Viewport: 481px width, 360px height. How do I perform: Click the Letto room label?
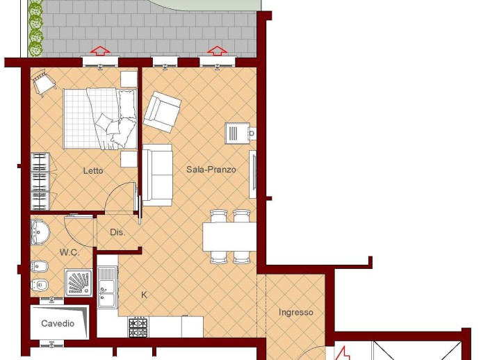(x=93, y=170)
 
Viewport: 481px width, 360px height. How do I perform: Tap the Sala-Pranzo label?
(x=211, y=170)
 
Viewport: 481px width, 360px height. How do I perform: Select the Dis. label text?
(x=117, y=232)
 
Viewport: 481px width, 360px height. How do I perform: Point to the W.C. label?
(x=70, y=253)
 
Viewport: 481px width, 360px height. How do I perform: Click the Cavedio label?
(x=58, y=323)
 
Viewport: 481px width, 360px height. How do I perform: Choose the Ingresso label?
(x=296, y=312)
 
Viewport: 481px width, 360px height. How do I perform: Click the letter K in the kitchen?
(x=144, y=295)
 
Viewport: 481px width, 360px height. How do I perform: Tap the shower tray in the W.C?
(x=79, y=283)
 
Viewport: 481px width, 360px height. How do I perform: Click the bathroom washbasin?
(x=40, y=232)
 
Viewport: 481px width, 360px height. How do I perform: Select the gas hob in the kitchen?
(x=138, y=327)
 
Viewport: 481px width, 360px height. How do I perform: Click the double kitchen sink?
(x=107, y=287)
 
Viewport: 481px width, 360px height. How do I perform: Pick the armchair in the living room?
(x=162, y=112)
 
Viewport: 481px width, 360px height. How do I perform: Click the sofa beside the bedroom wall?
(x=157, y=175)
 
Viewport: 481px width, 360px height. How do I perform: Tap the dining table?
(x=229, y=237)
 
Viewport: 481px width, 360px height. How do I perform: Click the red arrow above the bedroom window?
(x=100, y=51)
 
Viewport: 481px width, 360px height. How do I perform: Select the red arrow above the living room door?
(x=217, y=51)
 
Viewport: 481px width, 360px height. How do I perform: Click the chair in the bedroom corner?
(x=44, y=81)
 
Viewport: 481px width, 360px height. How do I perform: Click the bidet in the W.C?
(x=40, y=266)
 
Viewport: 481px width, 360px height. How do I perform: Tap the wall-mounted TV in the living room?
(x=253, y=174)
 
